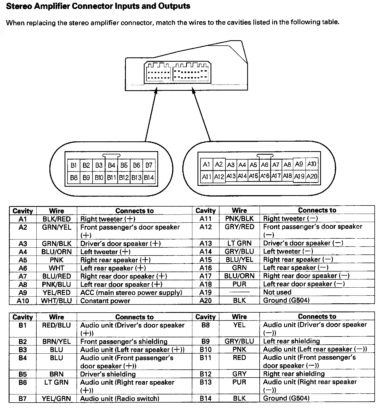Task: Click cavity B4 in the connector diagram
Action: pos(112,165)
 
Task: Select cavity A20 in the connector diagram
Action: pos(312,176)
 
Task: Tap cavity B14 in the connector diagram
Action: pos(149,178)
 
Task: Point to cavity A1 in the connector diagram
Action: pos(206,164)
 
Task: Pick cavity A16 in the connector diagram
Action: pos(265,176)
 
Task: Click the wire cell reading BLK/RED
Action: pos(56,219)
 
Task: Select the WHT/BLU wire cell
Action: pos(56,301)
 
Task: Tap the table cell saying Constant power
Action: pos(105,301)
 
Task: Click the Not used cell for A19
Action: pos(277,292)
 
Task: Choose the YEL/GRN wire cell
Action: pos(56,398)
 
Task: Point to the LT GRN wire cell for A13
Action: pos(239,243)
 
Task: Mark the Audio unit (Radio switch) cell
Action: pos(120,398)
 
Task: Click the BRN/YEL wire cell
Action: pos(56,341)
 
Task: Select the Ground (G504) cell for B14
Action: pos(286,398)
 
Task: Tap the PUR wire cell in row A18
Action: pos(239,284)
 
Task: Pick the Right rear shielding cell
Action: pos(294,374)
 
